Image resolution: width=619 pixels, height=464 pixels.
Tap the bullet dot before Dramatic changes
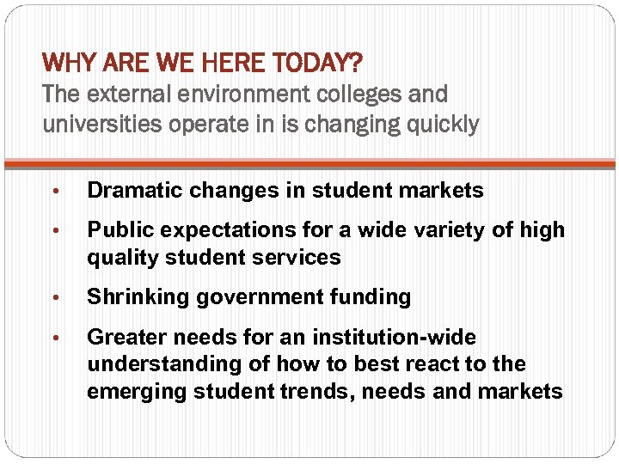pyautogui.click(x=54, y=192)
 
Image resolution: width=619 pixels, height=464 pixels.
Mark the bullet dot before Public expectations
pyautogui.click(x=54, y=231)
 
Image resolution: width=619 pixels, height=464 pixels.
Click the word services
pyautogui.click(x=297, y=257)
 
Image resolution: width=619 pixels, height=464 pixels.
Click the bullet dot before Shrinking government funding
pyautogui.click(x=54, y=298)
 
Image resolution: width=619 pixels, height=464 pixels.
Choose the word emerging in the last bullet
pyautogui.click(x=138, y=392)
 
